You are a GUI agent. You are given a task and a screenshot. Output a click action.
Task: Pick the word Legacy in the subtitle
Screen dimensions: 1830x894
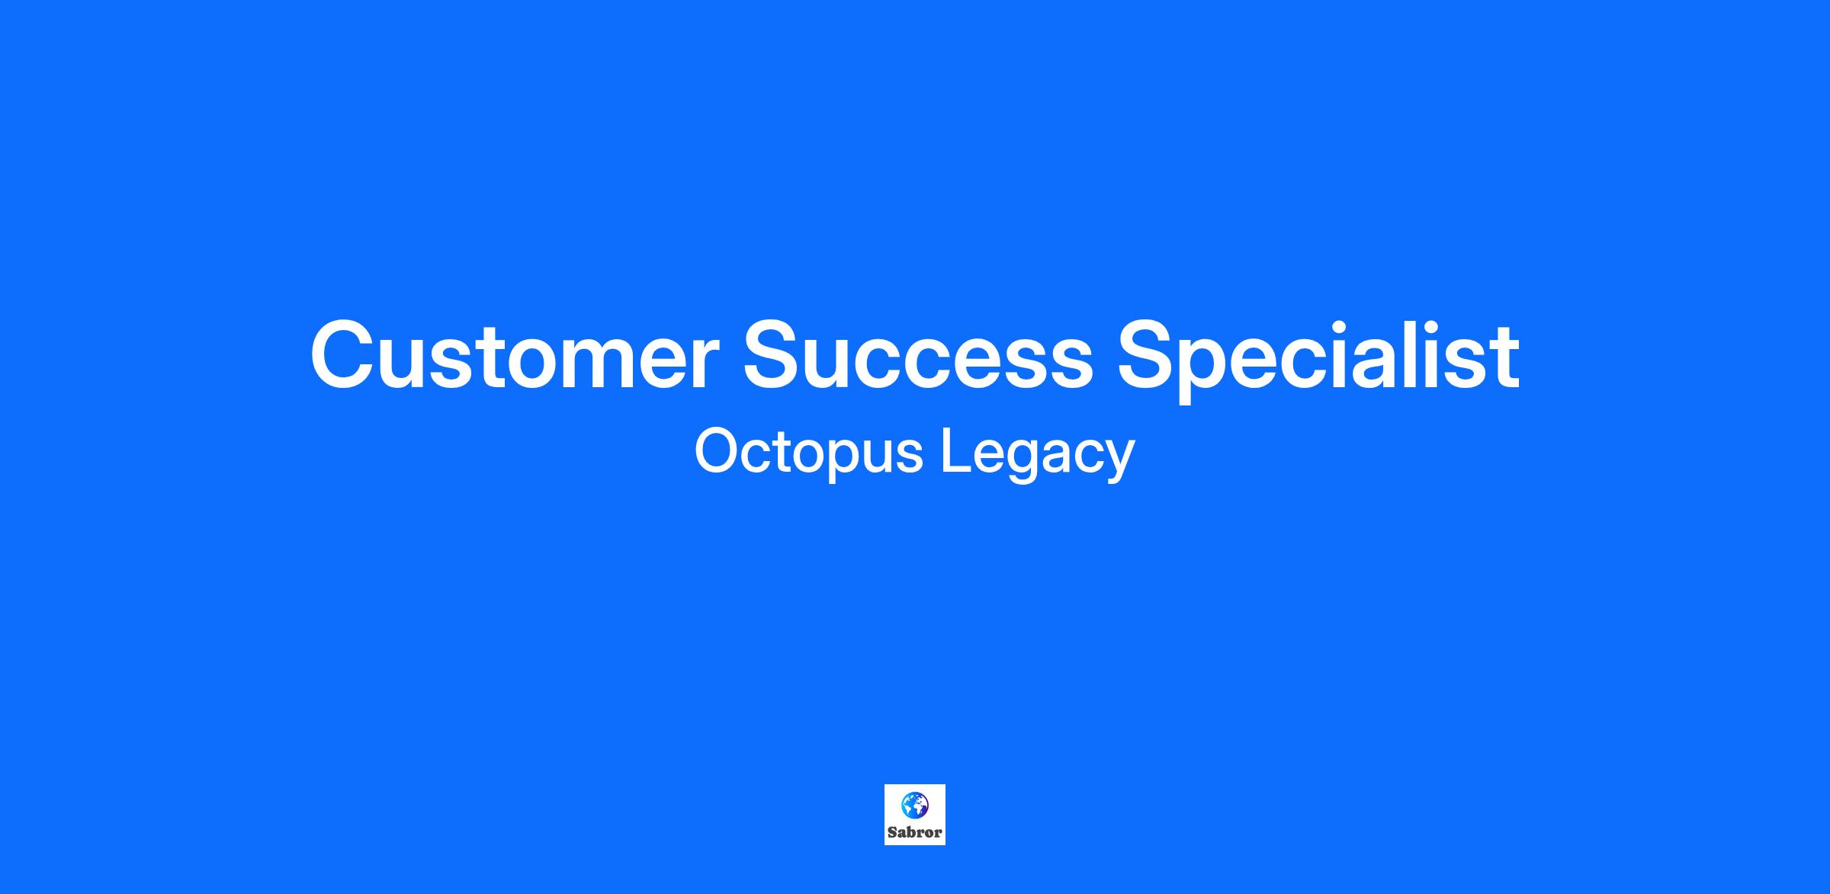tap(1038, 456)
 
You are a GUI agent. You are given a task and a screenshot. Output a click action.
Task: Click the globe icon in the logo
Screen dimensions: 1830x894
tap(914, 804)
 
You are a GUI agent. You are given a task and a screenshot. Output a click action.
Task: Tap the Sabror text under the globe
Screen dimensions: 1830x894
tap(915, 832)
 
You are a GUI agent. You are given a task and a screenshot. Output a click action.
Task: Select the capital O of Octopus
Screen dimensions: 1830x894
tap(719, 451)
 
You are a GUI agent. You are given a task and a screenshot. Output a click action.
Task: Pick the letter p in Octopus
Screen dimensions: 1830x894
tap(843, 462)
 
